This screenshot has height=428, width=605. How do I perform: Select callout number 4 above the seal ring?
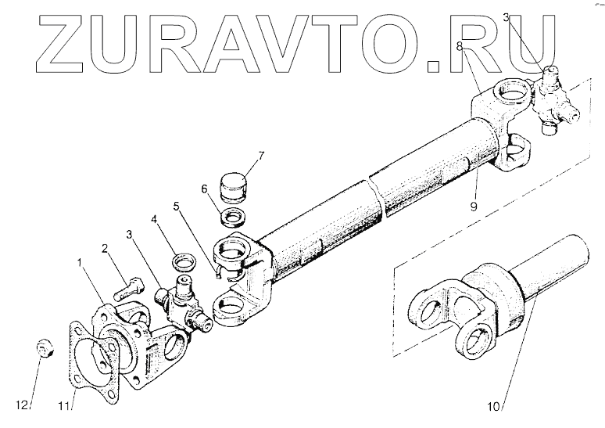[155, 221]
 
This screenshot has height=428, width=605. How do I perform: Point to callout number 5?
[177, 207]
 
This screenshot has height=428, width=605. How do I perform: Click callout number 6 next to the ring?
[206, 189]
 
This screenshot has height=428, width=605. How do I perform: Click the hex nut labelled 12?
[24, 405]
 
